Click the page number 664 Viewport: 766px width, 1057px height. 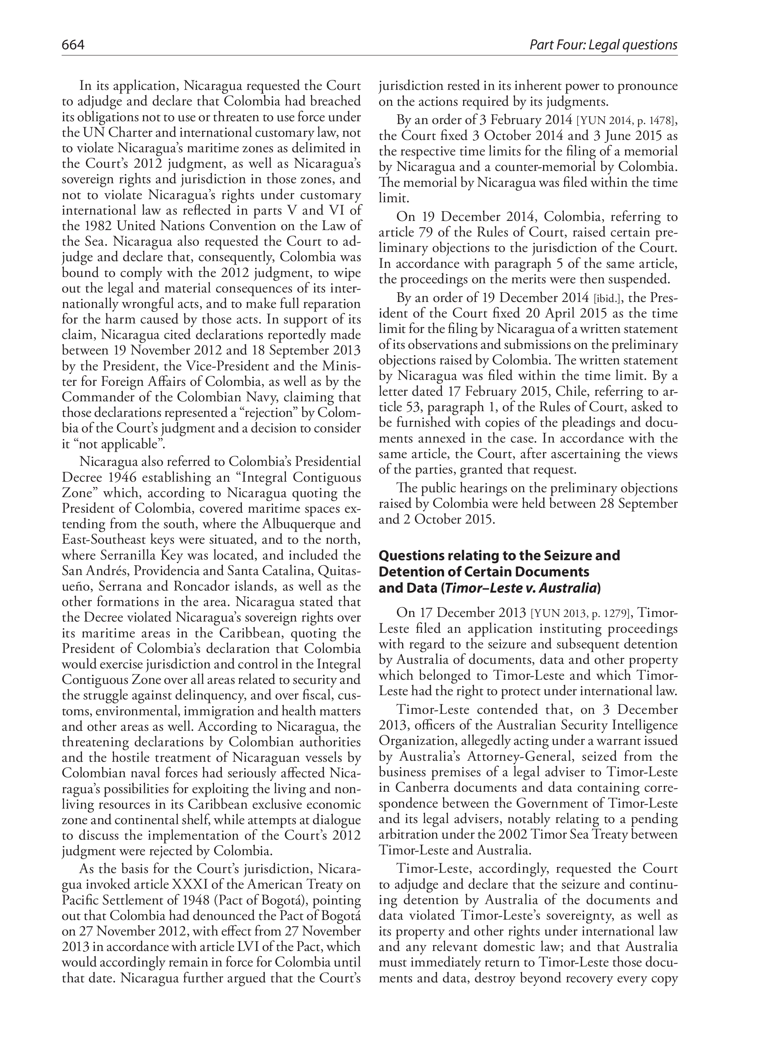click(73, 45)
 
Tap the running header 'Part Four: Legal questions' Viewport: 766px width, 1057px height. click(603, 45)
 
